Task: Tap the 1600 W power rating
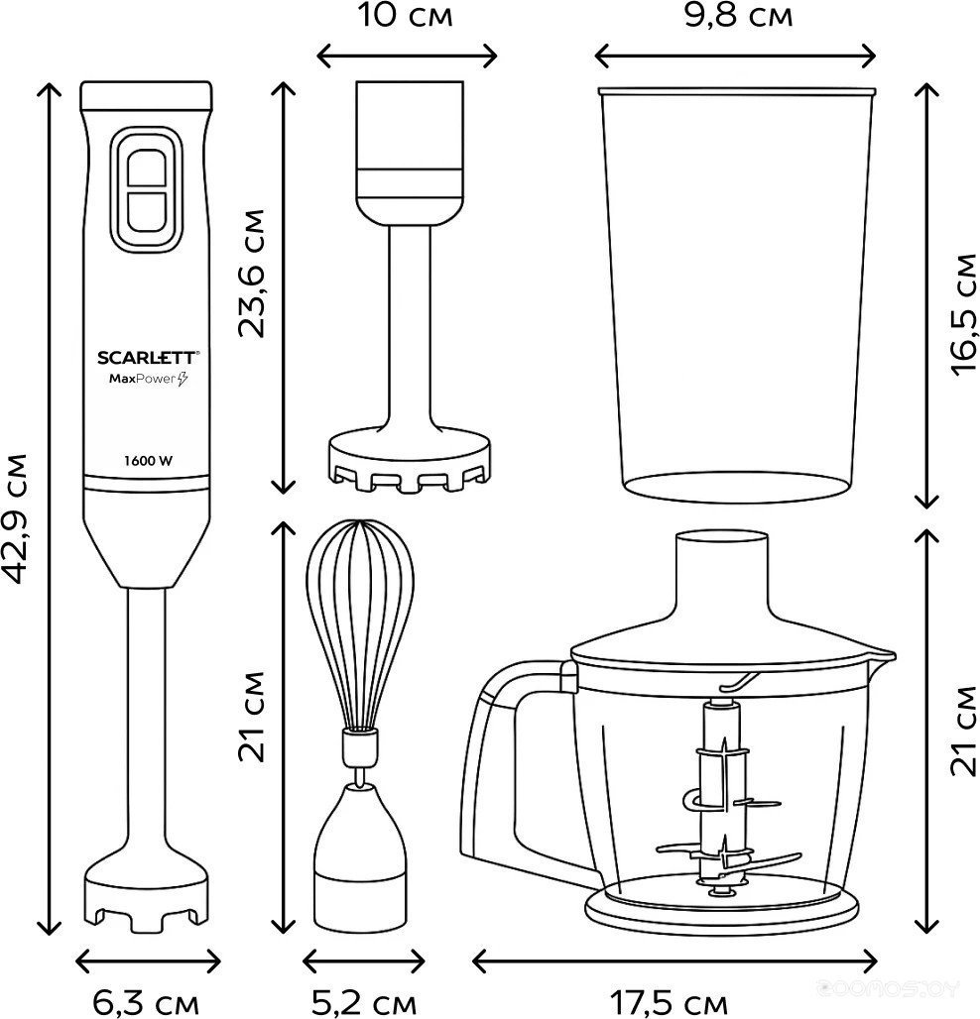(148, 459)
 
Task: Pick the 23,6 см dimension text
(254, 273)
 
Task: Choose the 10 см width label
(407, 16)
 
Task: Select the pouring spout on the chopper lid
(881, 655)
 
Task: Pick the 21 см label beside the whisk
(254, 716)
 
